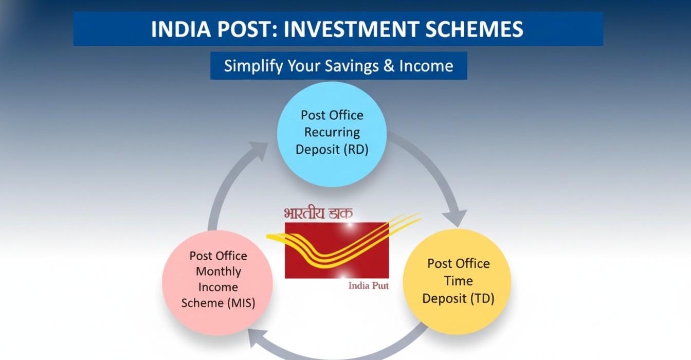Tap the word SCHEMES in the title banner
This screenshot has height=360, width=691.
click(475, 29)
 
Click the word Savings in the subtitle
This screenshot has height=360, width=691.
click(342, 66)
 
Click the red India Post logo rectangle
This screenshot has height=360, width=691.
click(337, 250)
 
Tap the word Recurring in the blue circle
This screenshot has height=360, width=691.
click(332, 132)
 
